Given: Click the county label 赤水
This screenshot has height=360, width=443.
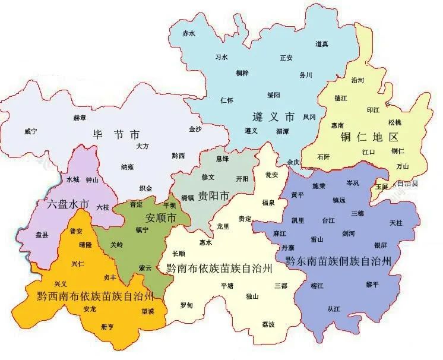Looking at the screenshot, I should (188, 34).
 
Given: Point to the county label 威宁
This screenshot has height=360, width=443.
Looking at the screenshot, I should (31, 131).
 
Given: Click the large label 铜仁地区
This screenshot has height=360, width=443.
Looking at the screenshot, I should (368, 136).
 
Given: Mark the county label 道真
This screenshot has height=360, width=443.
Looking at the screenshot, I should (322, 44).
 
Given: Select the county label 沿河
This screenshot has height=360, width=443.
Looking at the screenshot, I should (357, 80).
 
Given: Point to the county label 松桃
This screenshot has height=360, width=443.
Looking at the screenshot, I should (395, 122).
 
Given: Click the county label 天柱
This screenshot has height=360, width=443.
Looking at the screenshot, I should (396, 223).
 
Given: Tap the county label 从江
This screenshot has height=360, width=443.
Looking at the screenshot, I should (334, 308).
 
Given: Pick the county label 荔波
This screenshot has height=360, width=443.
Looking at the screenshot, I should (268, 324).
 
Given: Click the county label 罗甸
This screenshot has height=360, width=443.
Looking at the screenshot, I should (186, 305).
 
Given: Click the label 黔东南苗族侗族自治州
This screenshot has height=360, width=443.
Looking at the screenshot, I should (338, 260).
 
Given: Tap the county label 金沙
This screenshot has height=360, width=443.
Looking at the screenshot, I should (195, 129).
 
